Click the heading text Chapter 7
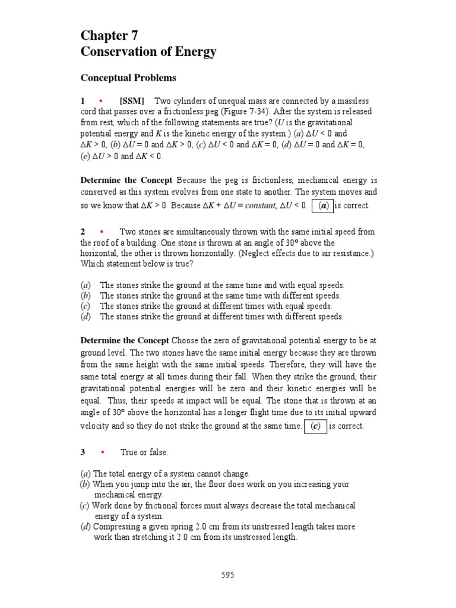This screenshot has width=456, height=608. click(109, 35)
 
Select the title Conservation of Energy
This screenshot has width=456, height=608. click(148, 52)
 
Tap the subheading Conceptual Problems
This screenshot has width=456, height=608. click(128, 78)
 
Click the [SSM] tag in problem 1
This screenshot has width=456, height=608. click(132, 100)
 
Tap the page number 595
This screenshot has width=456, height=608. click(228, 574)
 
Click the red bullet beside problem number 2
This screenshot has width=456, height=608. click(102, 232)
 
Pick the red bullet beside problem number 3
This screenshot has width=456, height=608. click(102, 452)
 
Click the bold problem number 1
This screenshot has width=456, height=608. click(83, 100)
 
